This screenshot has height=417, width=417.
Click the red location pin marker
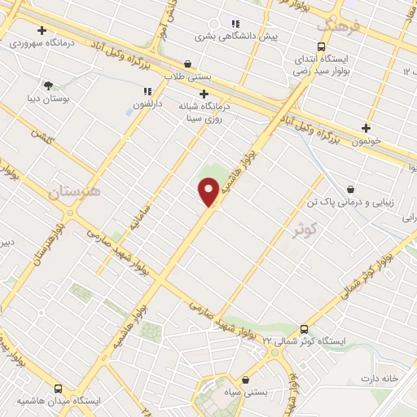(208, 191)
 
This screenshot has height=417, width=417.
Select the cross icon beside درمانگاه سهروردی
(42, 30)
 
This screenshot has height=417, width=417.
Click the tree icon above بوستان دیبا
(49, 85)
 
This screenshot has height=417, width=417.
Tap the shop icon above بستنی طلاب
(188, 64)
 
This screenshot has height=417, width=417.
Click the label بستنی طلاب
(189, 76)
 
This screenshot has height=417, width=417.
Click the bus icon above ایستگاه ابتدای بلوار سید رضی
(320, 47)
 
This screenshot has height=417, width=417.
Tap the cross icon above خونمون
(366, 127)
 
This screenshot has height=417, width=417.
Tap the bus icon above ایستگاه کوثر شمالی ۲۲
(304, 329)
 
